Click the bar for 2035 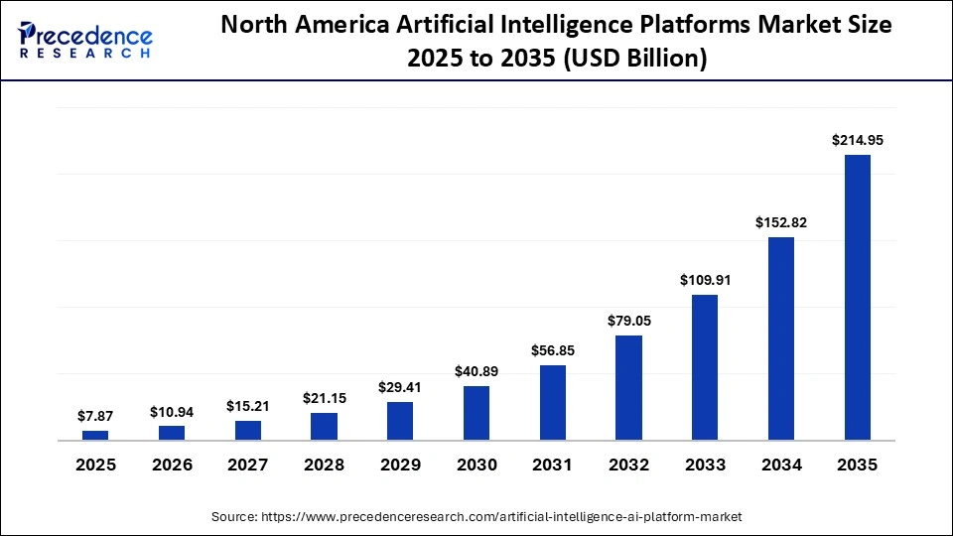coord(857,297)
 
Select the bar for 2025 coord(95,435)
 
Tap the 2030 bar coord(476,413)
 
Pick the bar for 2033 coord(705,367)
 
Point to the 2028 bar coord(324,426)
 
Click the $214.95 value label coord(857,141)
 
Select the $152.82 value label coord(781,222)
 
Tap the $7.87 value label coord(95,417)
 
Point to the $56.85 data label coord(553,350)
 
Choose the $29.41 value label coord(400,387)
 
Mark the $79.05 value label coord(628,321)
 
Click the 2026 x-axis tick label coord(172,465)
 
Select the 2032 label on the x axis coord(628,465)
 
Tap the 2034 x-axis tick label coord(781,465)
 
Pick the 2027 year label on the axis coord(248,465)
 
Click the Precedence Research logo coord(85,40)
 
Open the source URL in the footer coord(500,517)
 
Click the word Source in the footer coord(233,517)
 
